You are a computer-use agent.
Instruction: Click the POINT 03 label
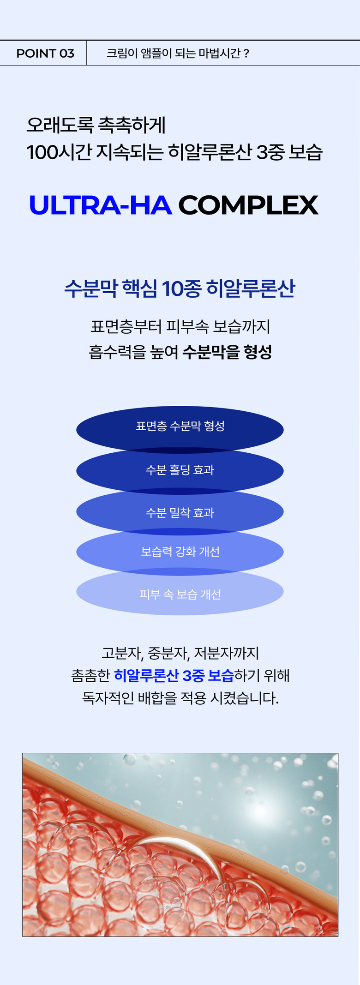coord(45,54)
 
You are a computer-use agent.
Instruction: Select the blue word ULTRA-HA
coord(100,205)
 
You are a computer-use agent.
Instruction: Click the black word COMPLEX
coord(248,205)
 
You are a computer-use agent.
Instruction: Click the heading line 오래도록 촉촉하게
coord(96,125)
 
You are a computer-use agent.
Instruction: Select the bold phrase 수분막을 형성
coord(227,352)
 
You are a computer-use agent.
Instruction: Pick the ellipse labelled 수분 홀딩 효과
coord(180,470)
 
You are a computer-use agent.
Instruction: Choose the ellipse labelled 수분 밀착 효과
coord(180,512)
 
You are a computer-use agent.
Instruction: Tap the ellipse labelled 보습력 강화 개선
coord(180,552)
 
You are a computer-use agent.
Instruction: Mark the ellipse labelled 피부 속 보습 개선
coord(180,594)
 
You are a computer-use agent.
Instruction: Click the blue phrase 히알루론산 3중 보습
coord(174,676)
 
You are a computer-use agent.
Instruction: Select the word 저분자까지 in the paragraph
coord(226,653)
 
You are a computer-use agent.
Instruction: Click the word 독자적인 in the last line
coord(108,697)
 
